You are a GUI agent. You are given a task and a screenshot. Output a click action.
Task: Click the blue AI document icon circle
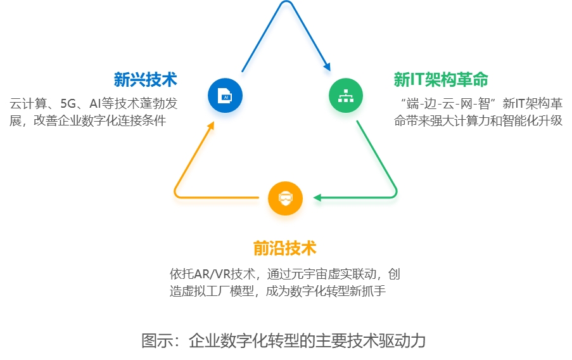point(225,96)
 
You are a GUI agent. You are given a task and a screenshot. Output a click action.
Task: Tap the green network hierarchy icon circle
point(346,96)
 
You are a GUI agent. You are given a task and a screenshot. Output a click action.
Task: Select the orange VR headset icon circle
point(285,198)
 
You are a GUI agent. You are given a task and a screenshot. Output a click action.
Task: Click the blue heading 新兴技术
point(145,79)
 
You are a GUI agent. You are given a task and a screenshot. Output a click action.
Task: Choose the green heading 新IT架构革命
point(441,79)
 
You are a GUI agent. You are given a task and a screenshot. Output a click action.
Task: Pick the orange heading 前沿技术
point(284,247)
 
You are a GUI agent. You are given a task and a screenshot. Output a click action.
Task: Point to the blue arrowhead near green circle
point(327,65)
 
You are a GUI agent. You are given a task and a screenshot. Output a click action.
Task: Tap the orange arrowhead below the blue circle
point(212,126)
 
